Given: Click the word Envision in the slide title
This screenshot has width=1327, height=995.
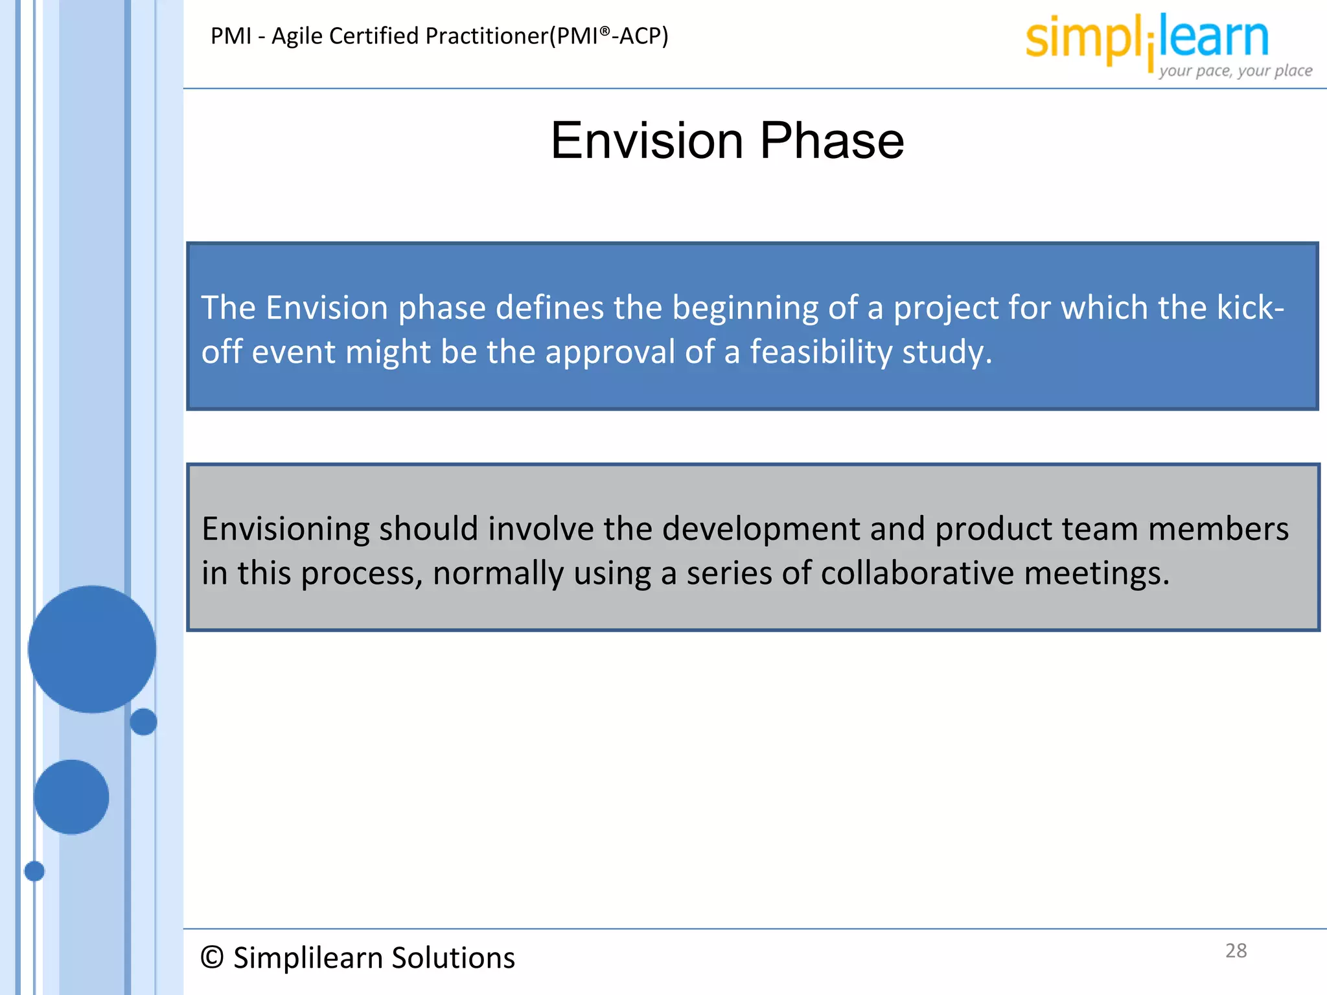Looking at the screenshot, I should click(647, 141).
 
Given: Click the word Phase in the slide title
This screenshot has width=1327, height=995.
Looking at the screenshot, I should click(832, 141).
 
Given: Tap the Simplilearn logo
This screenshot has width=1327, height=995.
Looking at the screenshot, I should click(1146, 39).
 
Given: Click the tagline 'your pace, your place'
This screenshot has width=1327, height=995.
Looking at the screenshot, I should click(1235, 71).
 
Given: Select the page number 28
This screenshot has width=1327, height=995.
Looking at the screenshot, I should click(1236, 950).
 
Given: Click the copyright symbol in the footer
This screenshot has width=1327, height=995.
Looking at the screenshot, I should click(212, 957).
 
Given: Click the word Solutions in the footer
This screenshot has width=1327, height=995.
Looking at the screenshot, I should click(453, 957).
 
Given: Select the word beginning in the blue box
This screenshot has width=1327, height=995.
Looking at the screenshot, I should click(744, 308).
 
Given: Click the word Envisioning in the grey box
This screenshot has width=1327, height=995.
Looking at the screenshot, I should click(285, 529).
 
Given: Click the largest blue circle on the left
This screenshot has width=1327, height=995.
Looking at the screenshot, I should click(92, 649).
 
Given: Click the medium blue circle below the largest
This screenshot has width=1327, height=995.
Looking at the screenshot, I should click(71, 797).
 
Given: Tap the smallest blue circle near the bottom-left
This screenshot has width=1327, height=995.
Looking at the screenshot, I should click(34, 871).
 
